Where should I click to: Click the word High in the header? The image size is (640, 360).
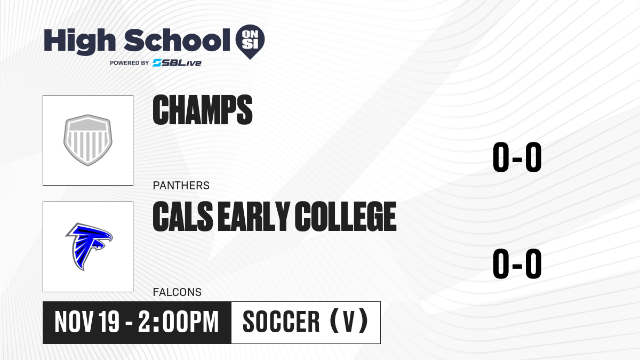[79, 42]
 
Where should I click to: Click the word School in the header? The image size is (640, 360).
[177, 40]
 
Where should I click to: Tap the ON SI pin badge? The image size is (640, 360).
[250, 42]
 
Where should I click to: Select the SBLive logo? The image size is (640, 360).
[177, 63]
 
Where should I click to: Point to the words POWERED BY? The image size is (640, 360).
[129, 63]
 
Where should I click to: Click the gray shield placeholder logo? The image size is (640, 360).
[87, 140]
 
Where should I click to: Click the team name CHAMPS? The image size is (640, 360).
[203, 110]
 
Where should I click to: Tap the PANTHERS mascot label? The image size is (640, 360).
[181, 186]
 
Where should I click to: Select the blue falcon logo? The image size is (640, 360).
[89, 246]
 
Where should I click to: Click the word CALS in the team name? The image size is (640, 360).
[183, 217]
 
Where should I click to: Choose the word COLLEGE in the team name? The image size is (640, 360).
[346, 217]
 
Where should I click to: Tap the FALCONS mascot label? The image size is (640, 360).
[177, 292]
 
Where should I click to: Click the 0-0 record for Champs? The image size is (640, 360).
[517, 157]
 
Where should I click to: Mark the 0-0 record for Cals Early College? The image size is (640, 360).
[517, 263]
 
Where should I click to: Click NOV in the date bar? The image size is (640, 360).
[74, 322]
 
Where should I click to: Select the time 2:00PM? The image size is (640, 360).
[179, 322]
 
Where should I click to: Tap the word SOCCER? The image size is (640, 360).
[281, 322]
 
